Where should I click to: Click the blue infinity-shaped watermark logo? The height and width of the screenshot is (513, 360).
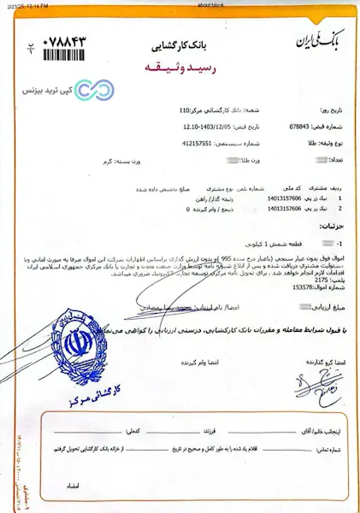(x=86, y=90)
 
